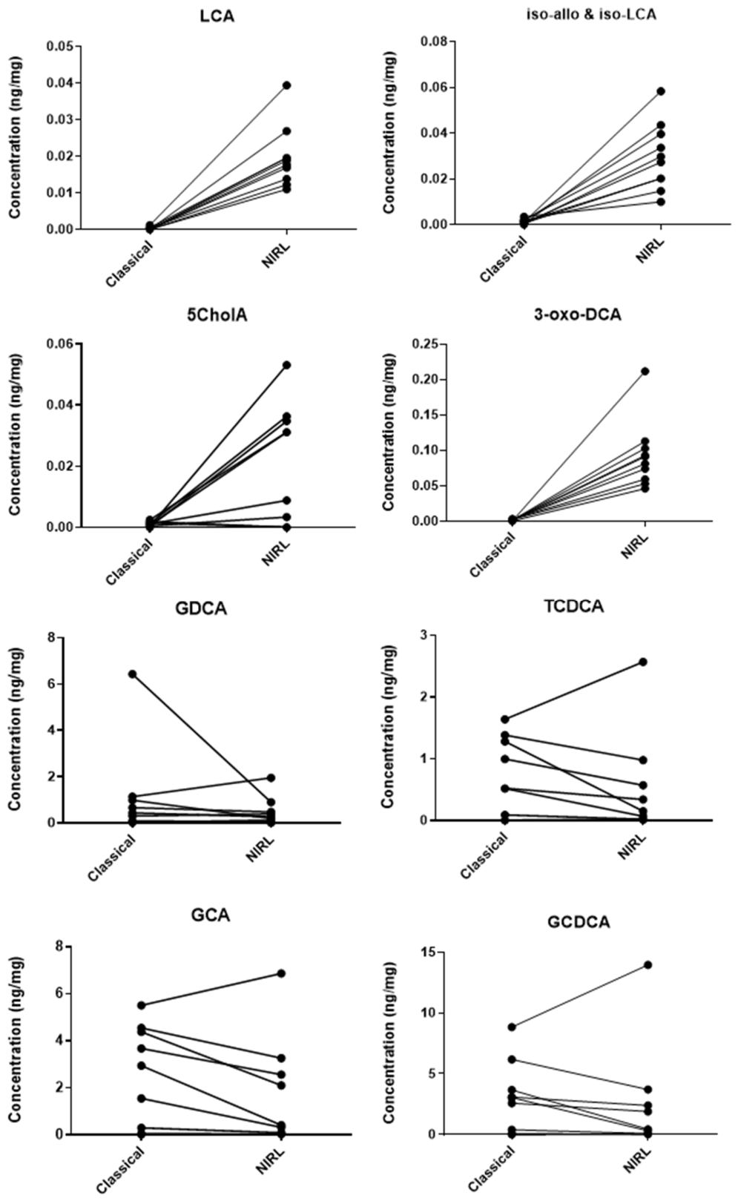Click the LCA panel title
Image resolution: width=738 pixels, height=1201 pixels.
217,16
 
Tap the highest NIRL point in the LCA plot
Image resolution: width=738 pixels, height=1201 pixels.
287,85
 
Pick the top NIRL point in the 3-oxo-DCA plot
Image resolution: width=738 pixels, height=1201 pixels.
645,371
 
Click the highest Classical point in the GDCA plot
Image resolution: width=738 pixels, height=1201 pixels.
132,674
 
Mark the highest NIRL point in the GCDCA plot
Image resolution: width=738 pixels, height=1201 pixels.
648,965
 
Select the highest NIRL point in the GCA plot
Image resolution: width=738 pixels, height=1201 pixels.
281,974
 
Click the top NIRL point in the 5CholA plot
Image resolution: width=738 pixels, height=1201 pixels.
287,365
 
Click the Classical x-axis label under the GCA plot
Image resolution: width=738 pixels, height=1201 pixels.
120,1172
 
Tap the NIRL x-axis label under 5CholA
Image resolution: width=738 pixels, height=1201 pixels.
276,553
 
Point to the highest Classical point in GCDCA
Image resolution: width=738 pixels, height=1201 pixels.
512,1027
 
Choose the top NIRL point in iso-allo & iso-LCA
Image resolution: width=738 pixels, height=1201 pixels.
661,91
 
